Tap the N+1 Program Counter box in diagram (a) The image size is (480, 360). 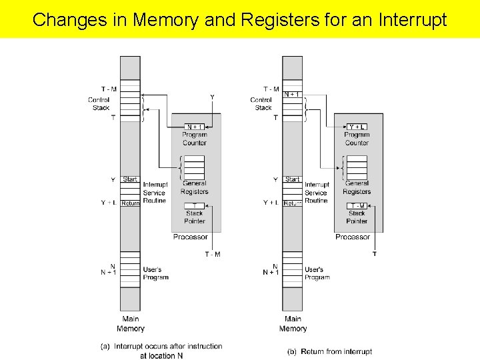[195, 127]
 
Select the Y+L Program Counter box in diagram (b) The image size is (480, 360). [357, 127]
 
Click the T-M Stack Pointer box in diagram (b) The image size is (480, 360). [357, 206]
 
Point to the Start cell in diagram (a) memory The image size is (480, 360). [130, 179]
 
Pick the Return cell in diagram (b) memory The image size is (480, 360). [293, 203]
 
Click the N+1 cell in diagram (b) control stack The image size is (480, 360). [292, 95]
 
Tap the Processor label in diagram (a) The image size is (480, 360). [190, 237]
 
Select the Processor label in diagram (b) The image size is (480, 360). [353, 237]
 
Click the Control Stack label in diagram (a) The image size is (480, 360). [99, 104]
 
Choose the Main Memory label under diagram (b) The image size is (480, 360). [293, 324]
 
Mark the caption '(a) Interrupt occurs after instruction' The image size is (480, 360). [161, 347]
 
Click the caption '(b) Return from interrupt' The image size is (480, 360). [329, 351]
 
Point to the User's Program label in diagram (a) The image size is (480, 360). [155, 273]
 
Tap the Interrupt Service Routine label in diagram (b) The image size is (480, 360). [317, 193]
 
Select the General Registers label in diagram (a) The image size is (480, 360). [194, 187]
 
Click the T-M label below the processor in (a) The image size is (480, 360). [213, 254]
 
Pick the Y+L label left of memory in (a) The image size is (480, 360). [108, 203]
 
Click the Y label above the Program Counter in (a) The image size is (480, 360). [212, 97]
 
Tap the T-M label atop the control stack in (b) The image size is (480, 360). [271, 89]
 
